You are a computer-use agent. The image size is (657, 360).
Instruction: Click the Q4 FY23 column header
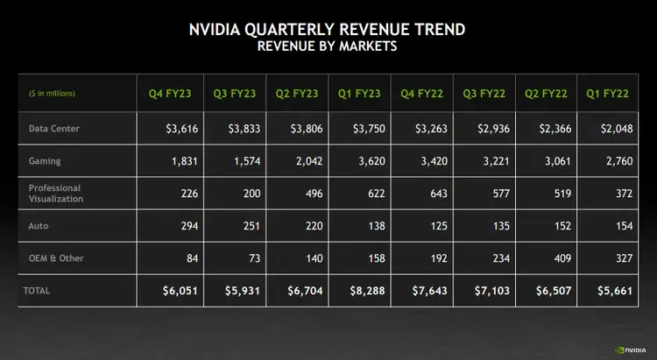tap(167, 92)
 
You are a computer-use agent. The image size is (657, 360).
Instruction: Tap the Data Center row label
tap(54, 129)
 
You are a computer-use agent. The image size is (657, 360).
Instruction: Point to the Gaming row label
tap(45, 160)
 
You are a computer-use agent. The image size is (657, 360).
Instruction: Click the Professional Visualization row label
tap(55, 194)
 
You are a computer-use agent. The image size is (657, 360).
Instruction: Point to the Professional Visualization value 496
tap(313, 194)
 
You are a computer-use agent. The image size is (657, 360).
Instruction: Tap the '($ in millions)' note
tap(51, 93)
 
